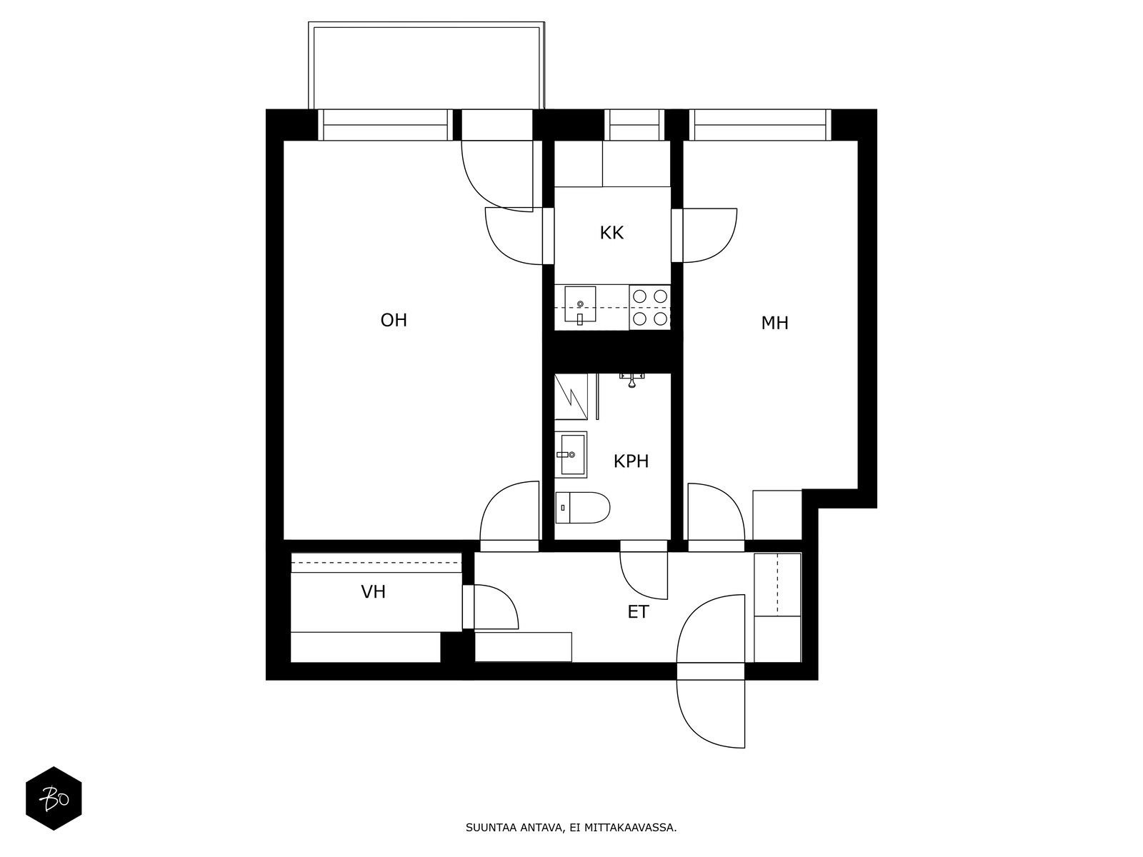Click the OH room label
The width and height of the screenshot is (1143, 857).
[394, 320]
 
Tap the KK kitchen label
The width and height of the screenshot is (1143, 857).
[612, 233]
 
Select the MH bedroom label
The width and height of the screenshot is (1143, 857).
[774, 323]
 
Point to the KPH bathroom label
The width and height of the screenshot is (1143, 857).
[631, 461]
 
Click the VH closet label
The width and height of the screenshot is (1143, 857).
[374, 591]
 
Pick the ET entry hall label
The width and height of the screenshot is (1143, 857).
[639, 612]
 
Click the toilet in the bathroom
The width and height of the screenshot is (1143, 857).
[582, 507]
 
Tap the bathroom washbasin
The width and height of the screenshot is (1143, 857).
[571, 454]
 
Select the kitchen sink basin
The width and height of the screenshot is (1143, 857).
[580, 304]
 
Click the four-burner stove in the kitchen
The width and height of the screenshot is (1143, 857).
[650, 307]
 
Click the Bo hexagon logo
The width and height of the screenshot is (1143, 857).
[54, 798]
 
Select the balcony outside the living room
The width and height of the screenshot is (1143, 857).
[426, 66]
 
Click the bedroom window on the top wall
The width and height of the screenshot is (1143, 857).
[760, 125]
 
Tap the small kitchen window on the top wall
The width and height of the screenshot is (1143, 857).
[634, 125]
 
